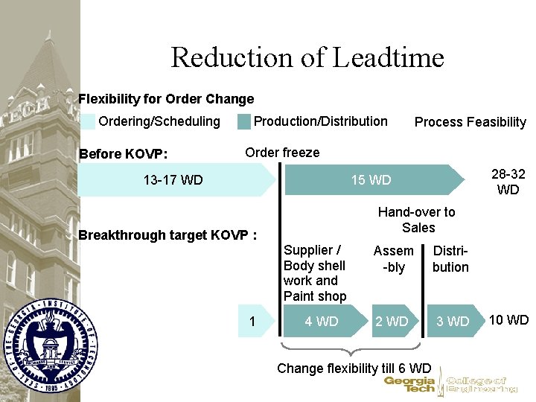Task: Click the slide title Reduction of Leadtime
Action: (307, 57)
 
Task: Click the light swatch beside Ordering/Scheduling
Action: (88, 121)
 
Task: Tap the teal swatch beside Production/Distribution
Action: (243, 121)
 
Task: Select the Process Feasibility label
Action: (470, 122)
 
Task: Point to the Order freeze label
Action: (282, 153)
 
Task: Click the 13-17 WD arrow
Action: (173, 179)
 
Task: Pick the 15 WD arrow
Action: (371, 179)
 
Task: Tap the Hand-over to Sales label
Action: (416, 220)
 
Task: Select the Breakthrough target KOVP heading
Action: (167, 235)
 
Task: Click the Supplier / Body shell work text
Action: (315, 273)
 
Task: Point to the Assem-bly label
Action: (393, 258)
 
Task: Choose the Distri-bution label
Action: (450, 258)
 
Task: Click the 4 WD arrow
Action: (322, 322)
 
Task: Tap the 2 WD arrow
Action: (392, 322)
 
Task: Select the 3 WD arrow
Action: (453, 322)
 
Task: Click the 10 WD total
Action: (508, 320)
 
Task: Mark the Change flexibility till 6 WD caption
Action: (354, 368)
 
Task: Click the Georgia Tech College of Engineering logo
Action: (450, 384)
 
